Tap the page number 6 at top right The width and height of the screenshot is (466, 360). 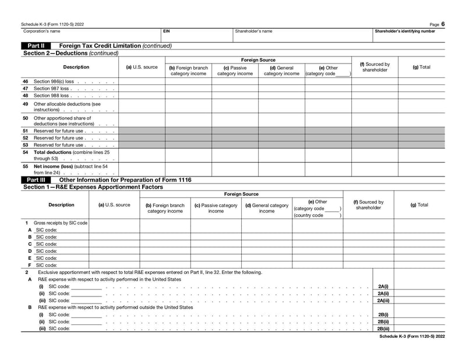443,24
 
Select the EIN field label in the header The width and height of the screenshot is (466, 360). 167,31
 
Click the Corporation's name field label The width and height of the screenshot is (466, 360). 41,31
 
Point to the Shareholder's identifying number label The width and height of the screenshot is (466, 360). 404,31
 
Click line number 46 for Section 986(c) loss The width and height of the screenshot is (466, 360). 25,82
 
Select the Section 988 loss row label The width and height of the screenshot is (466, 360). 52,96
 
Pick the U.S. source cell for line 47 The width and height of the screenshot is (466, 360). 142,89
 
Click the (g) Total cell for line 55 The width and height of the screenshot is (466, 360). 421,170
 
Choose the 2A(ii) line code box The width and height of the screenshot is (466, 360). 383,294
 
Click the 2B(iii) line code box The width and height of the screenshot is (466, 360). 383,329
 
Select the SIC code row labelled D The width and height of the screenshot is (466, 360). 46,251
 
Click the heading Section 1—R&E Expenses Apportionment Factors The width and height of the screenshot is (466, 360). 85,188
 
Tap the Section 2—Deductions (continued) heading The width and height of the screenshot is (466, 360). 70,53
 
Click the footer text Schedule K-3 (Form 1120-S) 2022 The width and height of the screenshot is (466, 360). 412,336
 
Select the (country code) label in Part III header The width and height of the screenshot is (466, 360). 309,216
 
